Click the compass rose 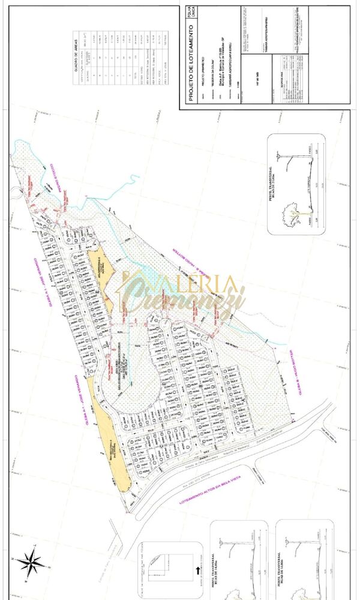pyautogui.click(x=28, y=562)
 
